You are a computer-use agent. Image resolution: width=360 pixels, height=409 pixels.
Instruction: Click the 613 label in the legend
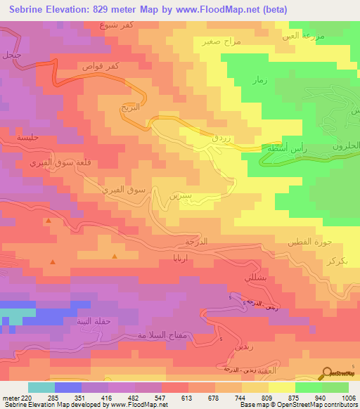pos(187,396)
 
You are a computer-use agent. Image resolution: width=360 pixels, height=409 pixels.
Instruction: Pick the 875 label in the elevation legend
pos(294,396)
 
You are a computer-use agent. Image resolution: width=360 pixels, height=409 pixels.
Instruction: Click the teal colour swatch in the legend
pos(41,387)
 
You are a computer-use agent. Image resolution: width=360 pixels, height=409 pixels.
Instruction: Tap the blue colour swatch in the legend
pos(68,387)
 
